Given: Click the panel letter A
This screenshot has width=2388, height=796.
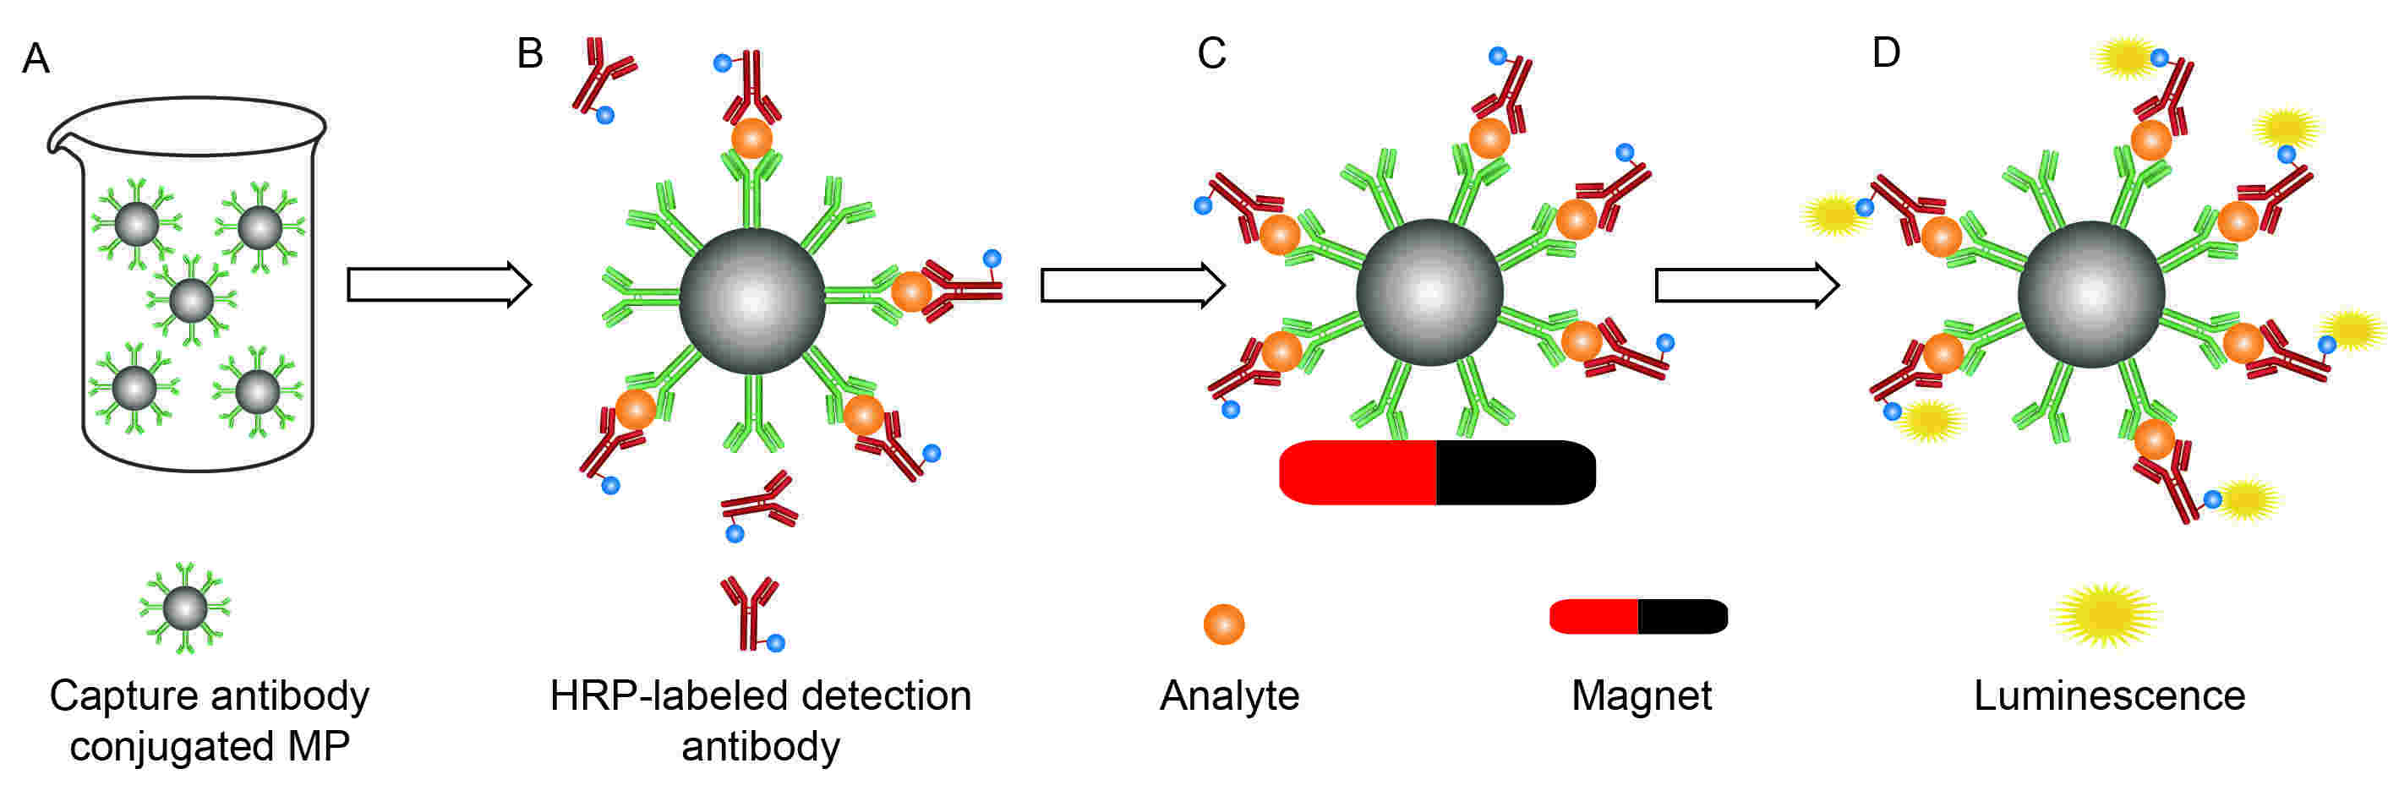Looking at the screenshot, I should coord(36,58).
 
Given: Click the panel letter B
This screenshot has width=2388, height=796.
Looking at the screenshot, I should coord(529,53).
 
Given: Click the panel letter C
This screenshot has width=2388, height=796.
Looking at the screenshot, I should coord(1210,53).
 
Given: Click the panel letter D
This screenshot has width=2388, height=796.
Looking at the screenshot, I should coord(1886,53).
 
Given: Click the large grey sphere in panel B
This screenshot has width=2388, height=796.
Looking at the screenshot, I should coord(751,300).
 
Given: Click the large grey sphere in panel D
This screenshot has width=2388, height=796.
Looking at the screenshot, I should coord(2090,295).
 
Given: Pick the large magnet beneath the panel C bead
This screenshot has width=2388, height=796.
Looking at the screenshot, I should coord(1436,472).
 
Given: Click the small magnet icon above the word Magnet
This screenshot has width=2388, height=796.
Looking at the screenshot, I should coord(1638,616).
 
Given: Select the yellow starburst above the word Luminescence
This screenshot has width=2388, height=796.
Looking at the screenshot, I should coord(2107,614).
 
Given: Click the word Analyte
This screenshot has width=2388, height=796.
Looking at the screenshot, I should coord(1229,695).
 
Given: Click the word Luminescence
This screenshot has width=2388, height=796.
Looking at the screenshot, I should coord(2109,695).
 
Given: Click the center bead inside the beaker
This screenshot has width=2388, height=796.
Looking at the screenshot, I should coord(192,299).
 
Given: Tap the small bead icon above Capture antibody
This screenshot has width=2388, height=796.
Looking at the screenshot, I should coord(184,608).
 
